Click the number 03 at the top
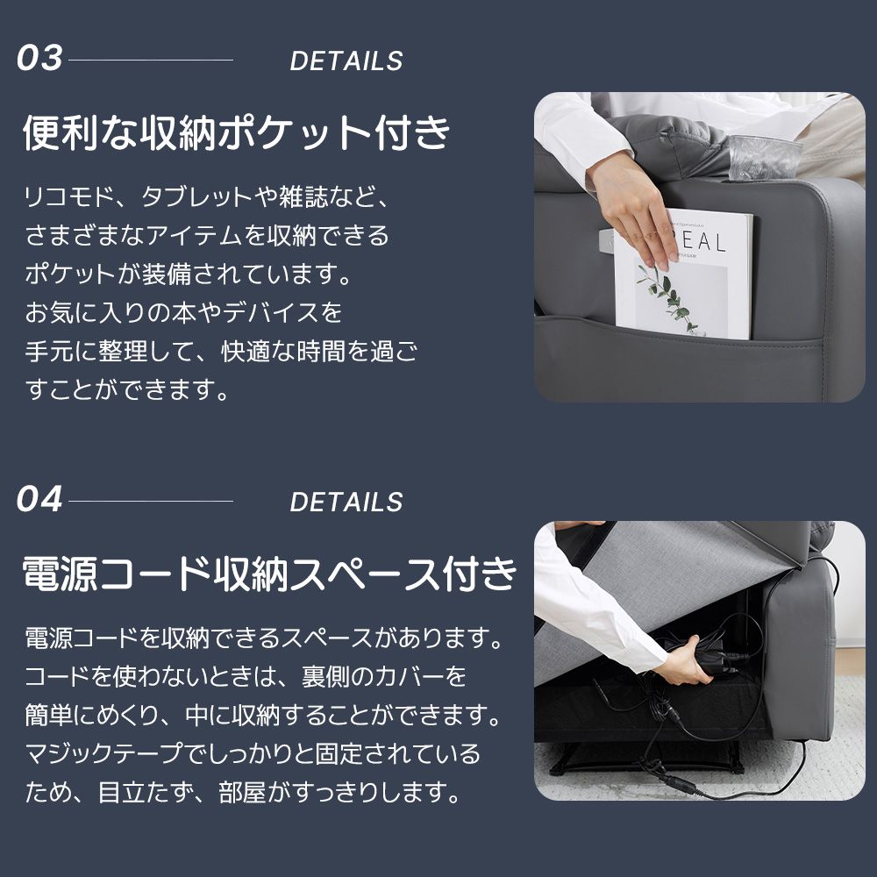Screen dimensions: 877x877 (x=40, y=59)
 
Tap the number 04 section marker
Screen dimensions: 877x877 (x=40, y=500)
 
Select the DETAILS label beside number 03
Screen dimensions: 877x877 (x=346, y=61)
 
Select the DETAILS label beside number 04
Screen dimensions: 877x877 (x=346, y=503)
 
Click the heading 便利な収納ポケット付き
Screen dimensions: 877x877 (x=237, y=133)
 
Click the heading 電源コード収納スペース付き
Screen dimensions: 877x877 (x=268, y=574)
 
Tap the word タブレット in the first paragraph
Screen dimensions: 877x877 (x=196, y=197)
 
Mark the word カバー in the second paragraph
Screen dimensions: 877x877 (x=424, y=677)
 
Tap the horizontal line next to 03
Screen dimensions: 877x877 (x=151, y=61)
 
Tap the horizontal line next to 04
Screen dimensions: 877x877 (x=151, y=502)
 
